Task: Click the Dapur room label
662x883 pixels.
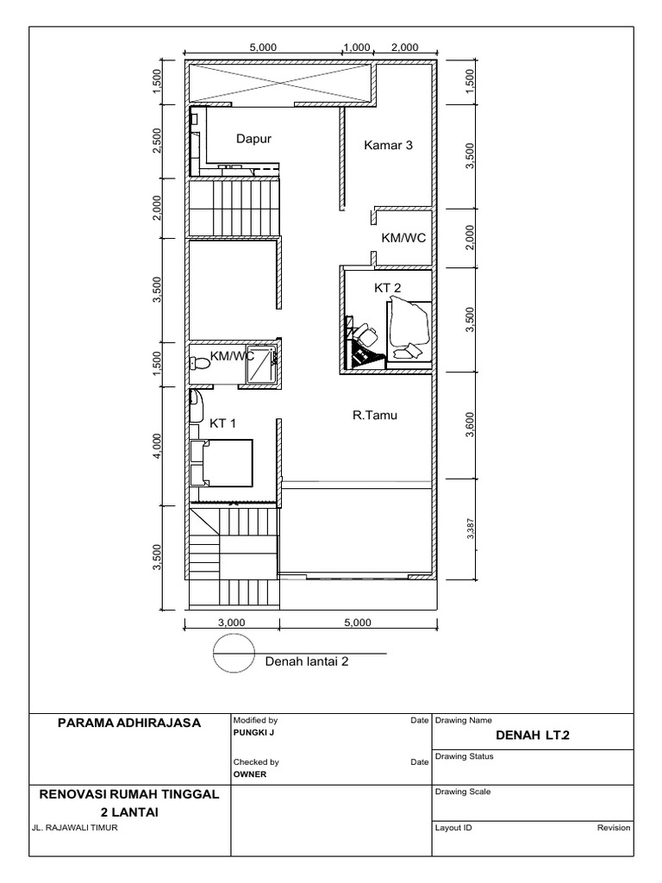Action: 253,138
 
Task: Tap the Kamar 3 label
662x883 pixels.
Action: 388,145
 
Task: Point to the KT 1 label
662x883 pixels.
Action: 223,423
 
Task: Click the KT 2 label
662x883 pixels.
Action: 387,289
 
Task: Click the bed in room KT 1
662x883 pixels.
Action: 222,463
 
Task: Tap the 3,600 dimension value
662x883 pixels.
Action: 470,425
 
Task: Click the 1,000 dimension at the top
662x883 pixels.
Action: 356,47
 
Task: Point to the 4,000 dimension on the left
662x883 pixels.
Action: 157,447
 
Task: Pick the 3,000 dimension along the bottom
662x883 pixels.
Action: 232,621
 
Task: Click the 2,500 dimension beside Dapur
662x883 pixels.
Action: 157,141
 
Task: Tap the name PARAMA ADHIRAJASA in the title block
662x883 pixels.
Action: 129,723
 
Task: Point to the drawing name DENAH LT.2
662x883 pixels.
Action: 533,736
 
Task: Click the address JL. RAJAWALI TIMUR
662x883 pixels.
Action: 73,828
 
